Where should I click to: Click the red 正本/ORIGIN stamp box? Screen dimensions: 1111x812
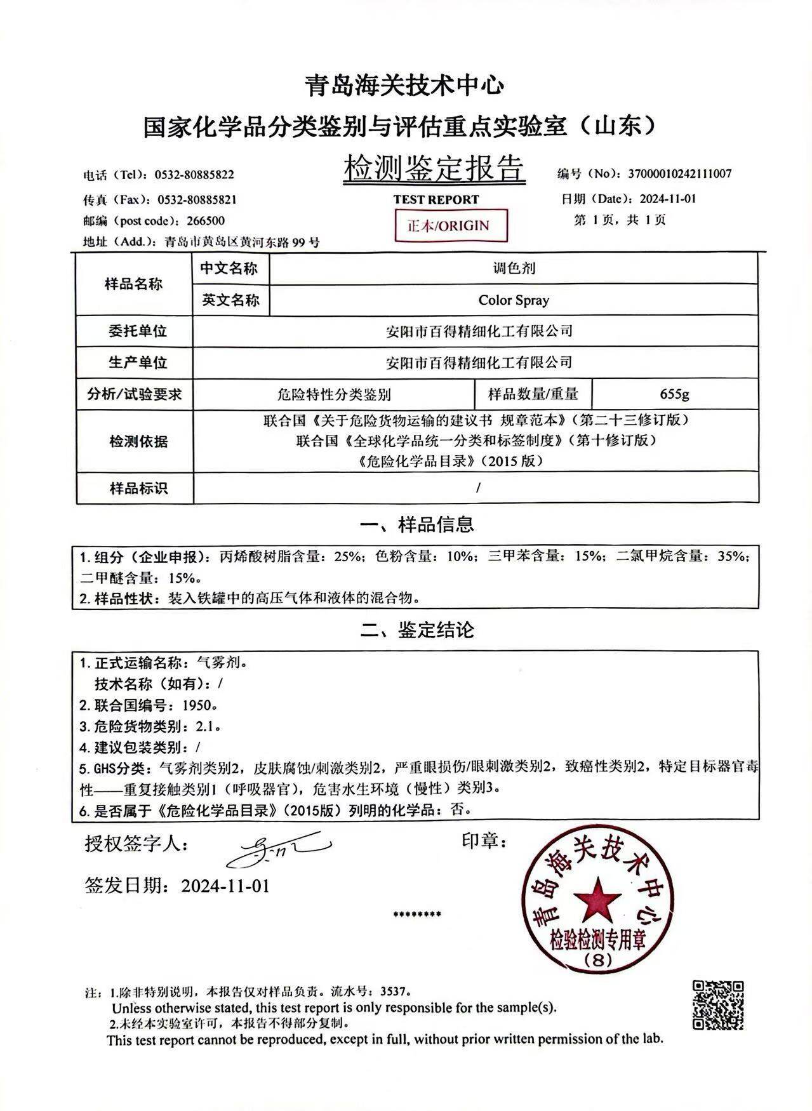click(451, 225)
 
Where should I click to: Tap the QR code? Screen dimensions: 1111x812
click(717, 1005)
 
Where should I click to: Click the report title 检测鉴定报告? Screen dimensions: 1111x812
click(434, 169)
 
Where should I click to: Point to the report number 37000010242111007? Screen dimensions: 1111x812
click(679, 173)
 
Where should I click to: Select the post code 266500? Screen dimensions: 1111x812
click(206, 221)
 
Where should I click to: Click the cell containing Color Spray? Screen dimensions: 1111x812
click(513, 300)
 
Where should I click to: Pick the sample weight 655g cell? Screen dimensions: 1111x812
click(674, 394)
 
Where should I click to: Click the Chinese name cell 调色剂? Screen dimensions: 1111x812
click(513, 268)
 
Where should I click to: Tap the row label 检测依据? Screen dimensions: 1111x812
click(138, 441)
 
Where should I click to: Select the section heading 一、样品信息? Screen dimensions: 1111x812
click(416, 524)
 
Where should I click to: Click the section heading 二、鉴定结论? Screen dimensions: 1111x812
click(416, 630)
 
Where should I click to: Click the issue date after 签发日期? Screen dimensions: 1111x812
click(225, 885)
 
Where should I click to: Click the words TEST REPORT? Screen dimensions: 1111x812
click(436, 199)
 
